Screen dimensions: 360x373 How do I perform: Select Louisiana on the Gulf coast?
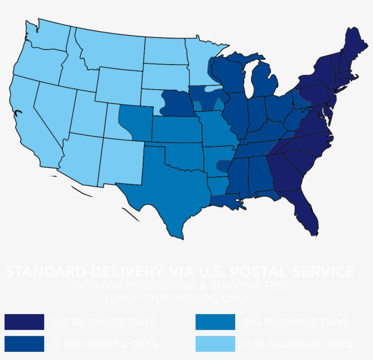(x=223, y=198)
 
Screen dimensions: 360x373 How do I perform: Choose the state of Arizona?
(x=82, y=157)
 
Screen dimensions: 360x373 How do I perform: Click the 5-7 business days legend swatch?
(x=24, y=322)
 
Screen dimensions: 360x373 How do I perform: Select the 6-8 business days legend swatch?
(x=24, y=344)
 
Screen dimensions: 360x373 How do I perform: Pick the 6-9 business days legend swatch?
(x=215, y=322)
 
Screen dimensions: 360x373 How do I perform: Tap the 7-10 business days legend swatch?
(x=215, y=344)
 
